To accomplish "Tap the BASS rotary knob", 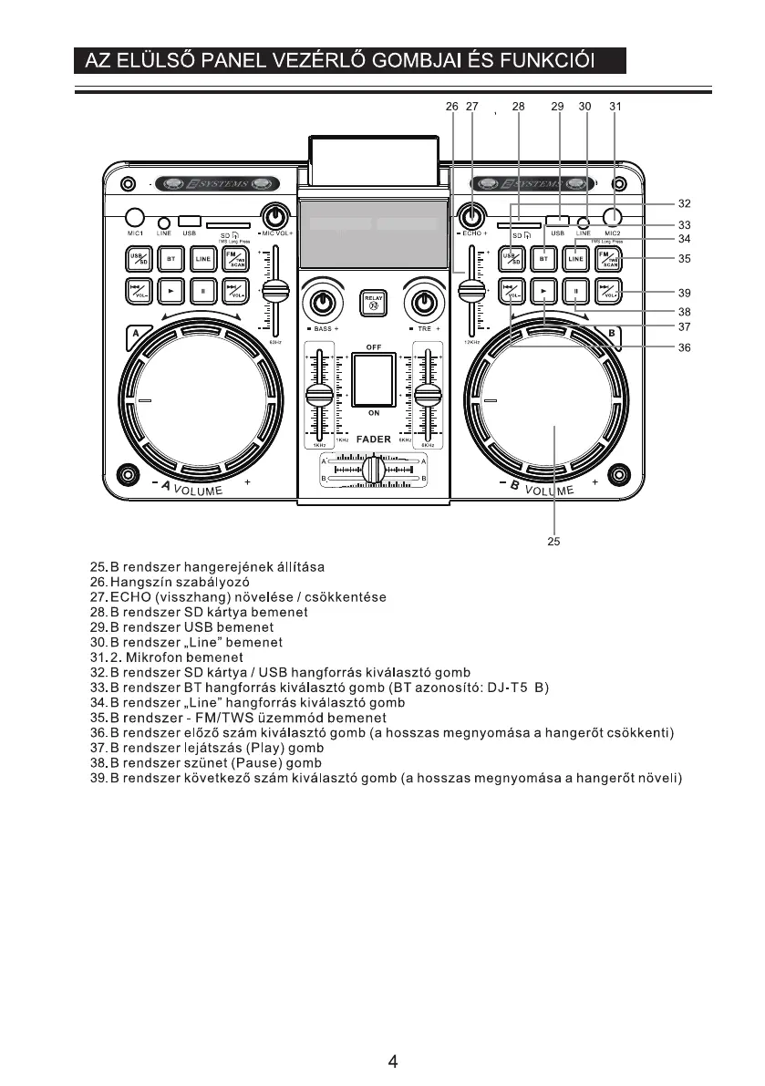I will tap(321, 302).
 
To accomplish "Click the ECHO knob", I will tap(471, 217).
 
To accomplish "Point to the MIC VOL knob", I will tap(274, 217).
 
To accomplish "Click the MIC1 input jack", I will tap(135, 217).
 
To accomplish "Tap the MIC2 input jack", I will tap(612, 217).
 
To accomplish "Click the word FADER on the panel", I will tap(374, 440).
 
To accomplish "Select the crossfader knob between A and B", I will tap(373, 471).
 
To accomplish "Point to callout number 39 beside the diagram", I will tap(684, 293).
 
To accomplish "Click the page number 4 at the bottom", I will tap(392, 1061).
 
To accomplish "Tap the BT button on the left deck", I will tap(171, 259).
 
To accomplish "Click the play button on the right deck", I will tap(544, 292).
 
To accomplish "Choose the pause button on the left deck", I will tap(203, 292).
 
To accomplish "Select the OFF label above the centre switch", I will tap(374, 347).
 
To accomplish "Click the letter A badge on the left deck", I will tap(138, 334).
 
